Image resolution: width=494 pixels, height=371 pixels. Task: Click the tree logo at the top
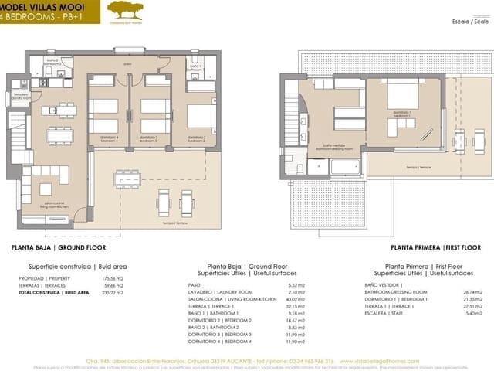[123, 10]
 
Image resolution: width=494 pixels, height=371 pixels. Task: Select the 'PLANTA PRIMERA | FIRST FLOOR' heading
[435, 248]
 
